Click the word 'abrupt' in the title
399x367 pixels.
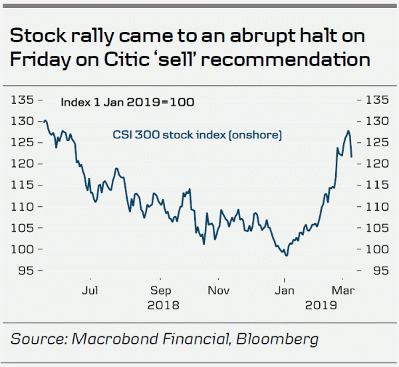pos(255,35)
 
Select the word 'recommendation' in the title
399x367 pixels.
pos(303,60)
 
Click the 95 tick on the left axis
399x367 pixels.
pos(26,271)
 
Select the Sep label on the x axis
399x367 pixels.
pos(161,291)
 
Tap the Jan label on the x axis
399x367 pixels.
pos(285,291)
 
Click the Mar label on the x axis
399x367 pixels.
pos(342,291)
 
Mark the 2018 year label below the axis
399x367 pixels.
pos(161,306)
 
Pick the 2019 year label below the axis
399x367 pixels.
pos(323,306)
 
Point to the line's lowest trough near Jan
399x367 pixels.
pos(286,255)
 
